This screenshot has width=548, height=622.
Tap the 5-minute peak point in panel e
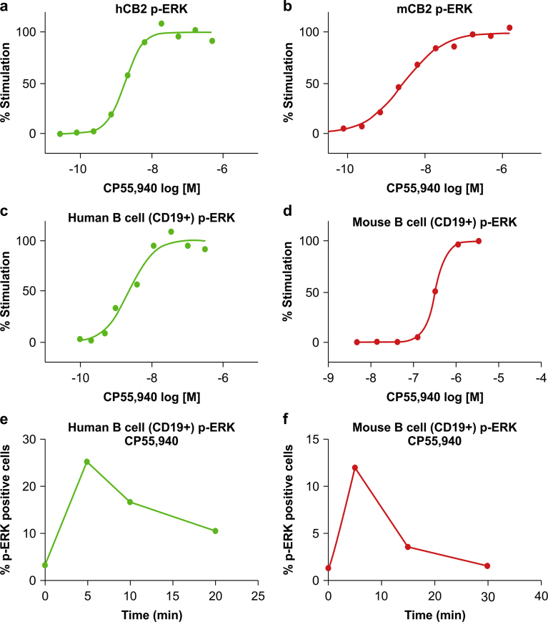(x=87, y=462)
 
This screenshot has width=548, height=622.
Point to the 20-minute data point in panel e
(x=215, y=530)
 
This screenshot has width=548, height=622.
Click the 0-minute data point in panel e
(x=45, y=565)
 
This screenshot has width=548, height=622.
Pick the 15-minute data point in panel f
(x=407, y=547)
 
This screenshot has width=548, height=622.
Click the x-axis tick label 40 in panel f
(x=540, y=596)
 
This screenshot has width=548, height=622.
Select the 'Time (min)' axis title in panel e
(x=151, y=613)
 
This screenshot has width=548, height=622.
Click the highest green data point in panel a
(x=161, y=24)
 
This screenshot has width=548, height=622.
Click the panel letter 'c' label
(x=6, y=214)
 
